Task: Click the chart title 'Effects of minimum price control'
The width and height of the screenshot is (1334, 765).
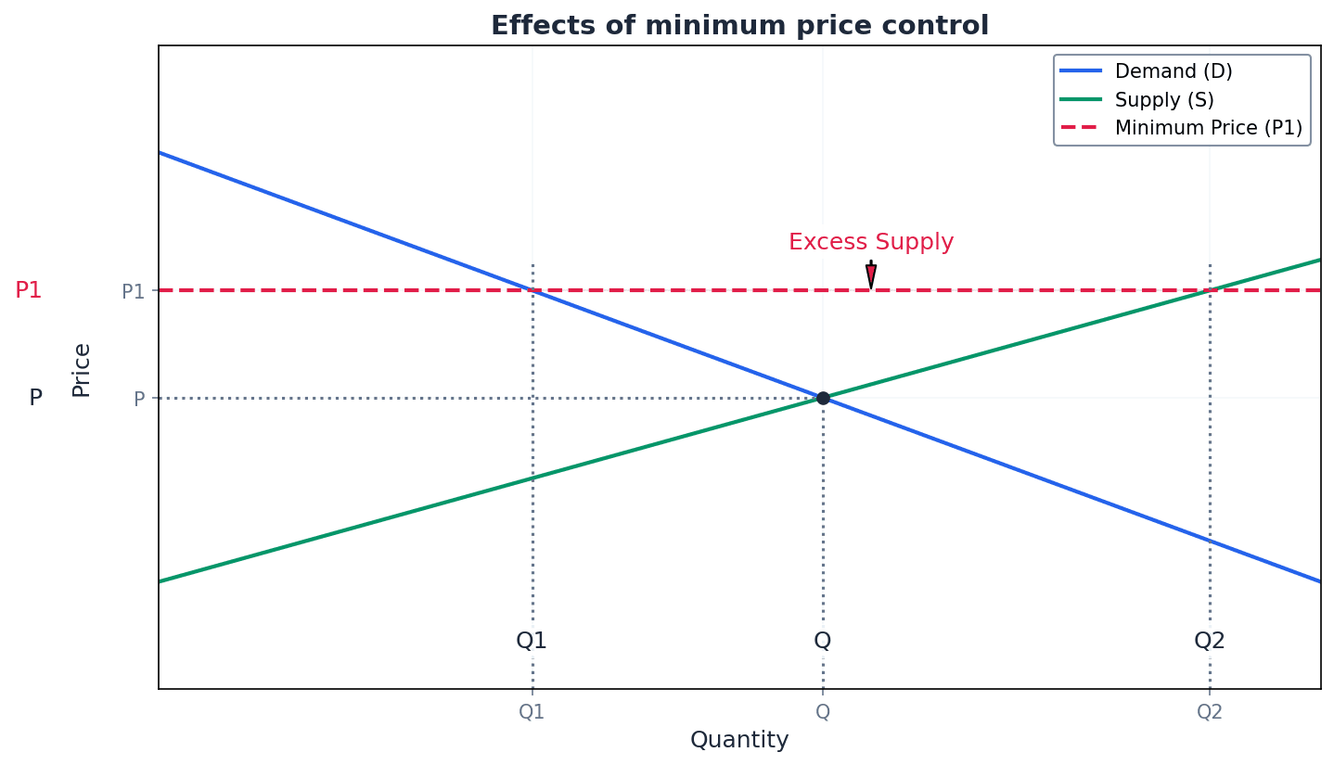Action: [x=739, y=26]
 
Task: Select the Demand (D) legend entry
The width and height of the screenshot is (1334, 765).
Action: [x=1173, y=71]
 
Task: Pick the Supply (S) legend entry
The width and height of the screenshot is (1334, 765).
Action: [x=1163, y=99]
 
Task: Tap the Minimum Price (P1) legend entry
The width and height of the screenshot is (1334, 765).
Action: [x=1208, y=128]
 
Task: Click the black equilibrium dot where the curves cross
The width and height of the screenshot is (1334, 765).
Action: [x=823, y=398]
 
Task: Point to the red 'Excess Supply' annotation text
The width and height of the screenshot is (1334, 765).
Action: [x=871, y=242]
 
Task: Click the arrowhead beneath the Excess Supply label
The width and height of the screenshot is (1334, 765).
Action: [x=871, y=276]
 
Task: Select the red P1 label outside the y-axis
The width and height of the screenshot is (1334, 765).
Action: [x=29, y=290]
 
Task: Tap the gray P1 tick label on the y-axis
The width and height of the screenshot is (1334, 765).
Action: [x=134, y=292]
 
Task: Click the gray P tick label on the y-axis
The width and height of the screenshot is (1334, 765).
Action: [x=139, y=400]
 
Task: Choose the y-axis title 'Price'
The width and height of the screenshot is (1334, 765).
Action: [x=82, y=370]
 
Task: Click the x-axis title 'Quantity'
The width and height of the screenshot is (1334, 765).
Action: [x=739, y=740]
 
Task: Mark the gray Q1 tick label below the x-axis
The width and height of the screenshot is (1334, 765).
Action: [x=532, y=712]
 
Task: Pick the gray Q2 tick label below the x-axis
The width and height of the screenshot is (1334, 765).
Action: [x=1210, y=712]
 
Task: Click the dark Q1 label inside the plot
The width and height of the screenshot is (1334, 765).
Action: [x=532, y=641]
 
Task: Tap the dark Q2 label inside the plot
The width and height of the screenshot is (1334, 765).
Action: [x=1210, y=641]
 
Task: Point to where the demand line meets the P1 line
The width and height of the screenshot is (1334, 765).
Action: [x=532, y=290]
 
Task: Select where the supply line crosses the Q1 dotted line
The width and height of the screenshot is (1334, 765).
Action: [x=532, y=478]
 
